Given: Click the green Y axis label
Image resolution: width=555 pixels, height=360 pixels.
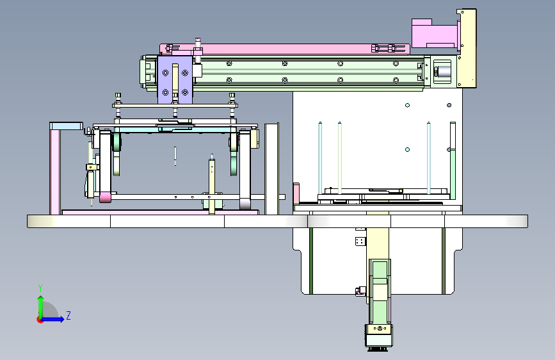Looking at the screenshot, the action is click(x=40, y=288).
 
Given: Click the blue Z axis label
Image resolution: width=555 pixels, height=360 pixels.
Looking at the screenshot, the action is click(x=68, y=315).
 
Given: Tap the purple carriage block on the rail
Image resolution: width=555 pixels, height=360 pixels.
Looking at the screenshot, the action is click(x=175, y=79).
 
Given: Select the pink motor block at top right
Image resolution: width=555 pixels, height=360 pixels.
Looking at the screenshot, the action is click(x=434, y=33).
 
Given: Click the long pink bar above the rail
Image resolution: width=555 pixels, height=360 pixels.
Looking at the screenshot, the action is click(x=285, y=49).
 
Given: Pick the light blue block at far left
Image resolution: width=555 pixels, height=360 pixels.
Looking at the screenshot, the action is click(x=66, y=126).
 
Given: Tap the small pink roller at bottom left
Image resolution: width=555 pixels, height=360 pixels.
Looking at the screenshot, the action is click(x=105, y=197).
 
